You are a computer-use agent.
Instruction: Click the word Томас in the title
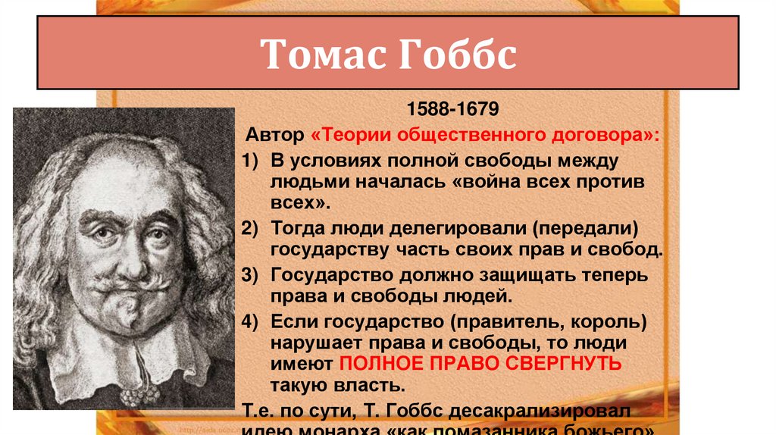point(317,57)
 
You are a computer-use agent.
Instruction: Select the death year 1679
point(477,111)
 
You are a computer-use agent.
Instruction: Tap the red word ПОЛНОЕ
point(377,364)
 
